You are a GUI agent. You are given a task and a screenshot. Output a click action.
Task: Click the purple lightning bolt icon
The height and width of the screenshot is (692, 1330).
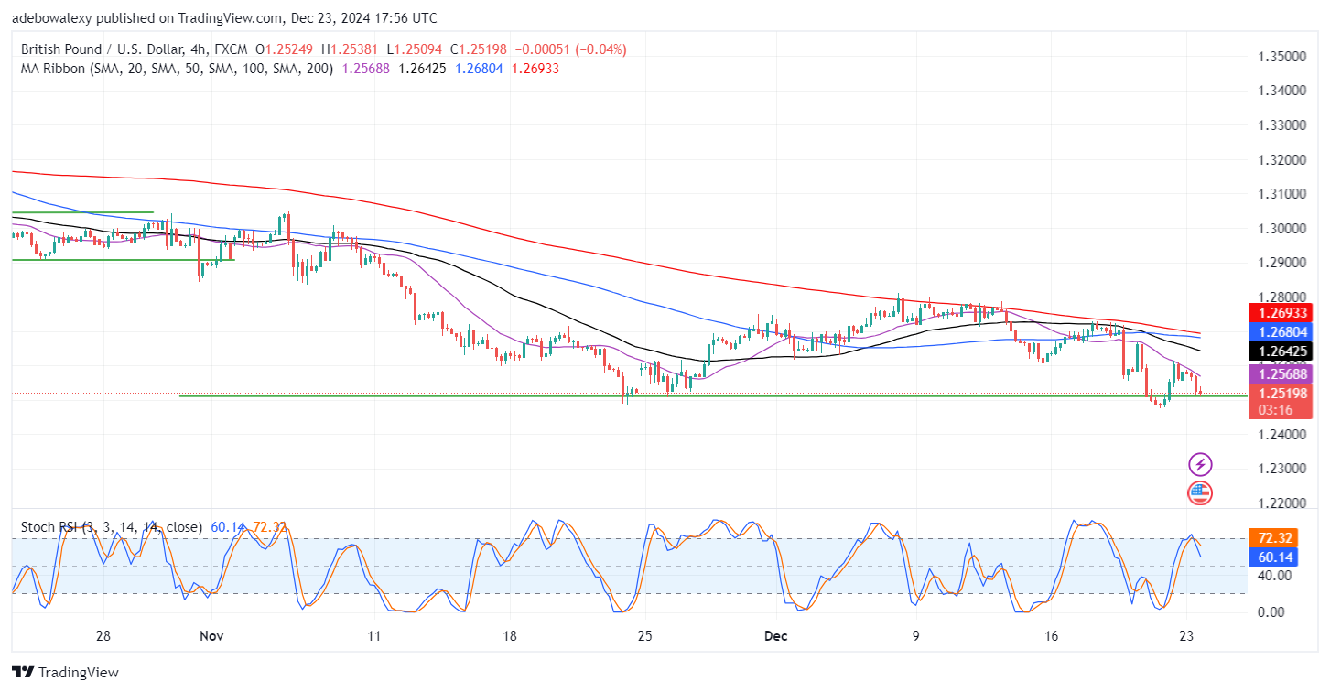tap(1200, 464)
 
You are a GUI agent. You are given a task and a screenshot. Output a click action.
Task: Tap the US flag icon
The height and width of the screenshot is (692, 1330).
tap(1200, 493)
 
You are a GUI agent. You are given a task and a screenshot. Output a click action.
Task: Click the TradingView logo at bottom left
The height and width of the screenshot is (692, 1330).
tap(66, 673)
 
